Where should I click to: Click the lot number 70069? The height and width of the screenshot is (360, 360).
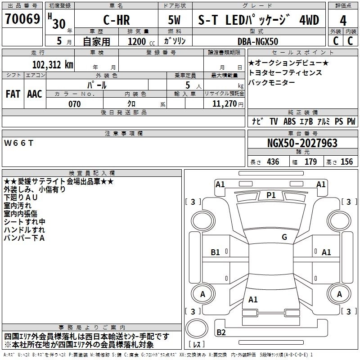point(22,19)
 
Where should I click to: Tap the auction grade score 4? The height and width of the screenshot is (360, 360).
point(343,20)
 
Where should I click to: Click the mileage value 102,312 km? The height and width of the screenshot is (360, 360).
point(53,64)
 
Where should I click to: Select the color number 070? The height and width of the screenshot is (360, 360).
point(75,104)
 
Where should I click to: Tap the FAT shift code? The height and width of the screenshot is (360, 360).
point(13,94)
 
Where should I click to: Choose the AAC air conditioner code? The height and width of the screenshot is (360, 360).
point(34,94)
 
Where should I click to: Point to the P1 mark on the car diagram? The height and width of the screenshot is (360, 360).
point(271,195)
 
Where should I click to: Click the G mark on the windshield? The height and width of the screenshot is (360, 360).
point(284,237)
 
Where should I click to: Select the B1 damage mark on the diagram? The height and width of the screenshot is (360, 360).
point(216,252)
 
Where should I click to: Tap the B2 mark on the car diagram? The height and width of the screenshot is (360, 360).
point(221,333)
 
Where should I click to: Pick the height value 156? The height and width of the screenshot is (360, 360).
point(346,162)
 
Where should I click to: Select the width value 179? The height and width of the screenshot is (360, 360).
point(310,162)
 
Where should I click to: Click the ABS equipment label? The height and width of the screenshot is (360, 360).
point(290,121)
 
